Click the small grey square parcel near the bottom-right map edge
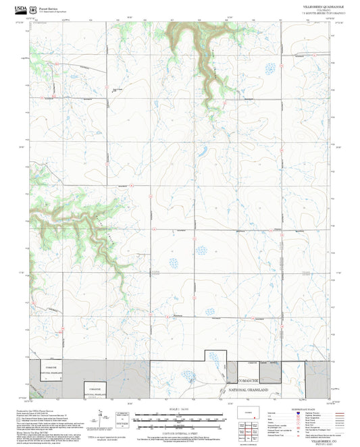(x=270, y=371)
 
